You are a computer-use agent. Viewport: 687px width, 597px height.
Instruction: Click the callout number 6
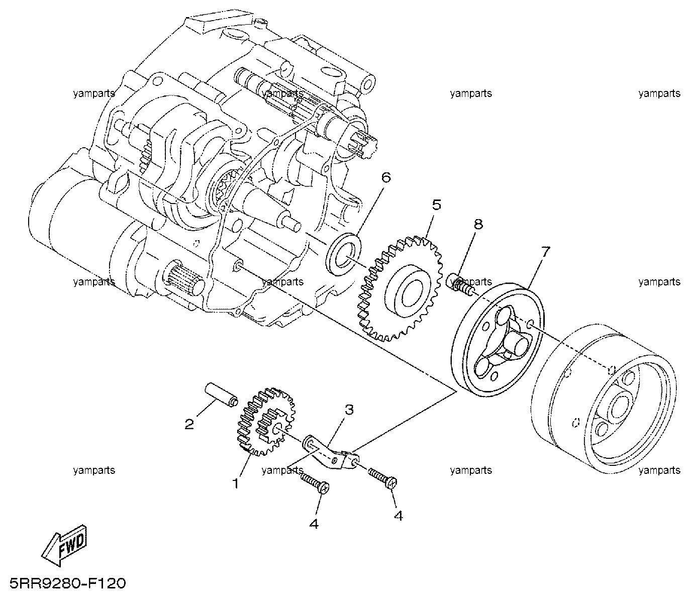(x=386, y=177)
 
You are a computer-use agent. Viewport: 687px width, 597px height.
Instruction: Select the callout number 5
(x=436, y=205)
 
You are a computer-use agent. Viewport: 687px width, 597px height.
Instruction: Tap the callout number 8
(x=478, y=224)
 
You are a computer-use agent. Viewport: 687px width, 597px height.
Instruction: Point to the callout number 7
(x=545, y=251)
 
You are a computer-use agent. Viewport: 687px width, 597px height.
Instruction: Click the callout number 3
(x=349, y=409)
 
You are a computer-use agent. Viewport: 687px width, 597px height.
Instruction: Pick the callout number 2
(x=189, y=424)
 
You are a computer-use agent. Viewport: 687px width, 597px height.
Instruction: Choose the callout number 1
(x=236, y=483)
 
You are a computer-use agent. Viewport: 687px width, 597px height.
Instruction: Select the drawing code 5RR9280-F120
(x=67, y=583)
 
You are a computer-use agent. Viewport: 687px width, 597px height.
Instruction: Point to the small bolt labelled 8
(x=460, y=285)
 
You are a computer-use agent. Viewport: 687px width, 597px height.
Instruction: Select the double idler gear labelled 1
(x=266, y=422)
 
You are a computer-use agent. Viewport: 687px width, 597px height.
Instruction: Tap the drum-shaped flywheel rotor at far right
(x=603, y=399)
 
